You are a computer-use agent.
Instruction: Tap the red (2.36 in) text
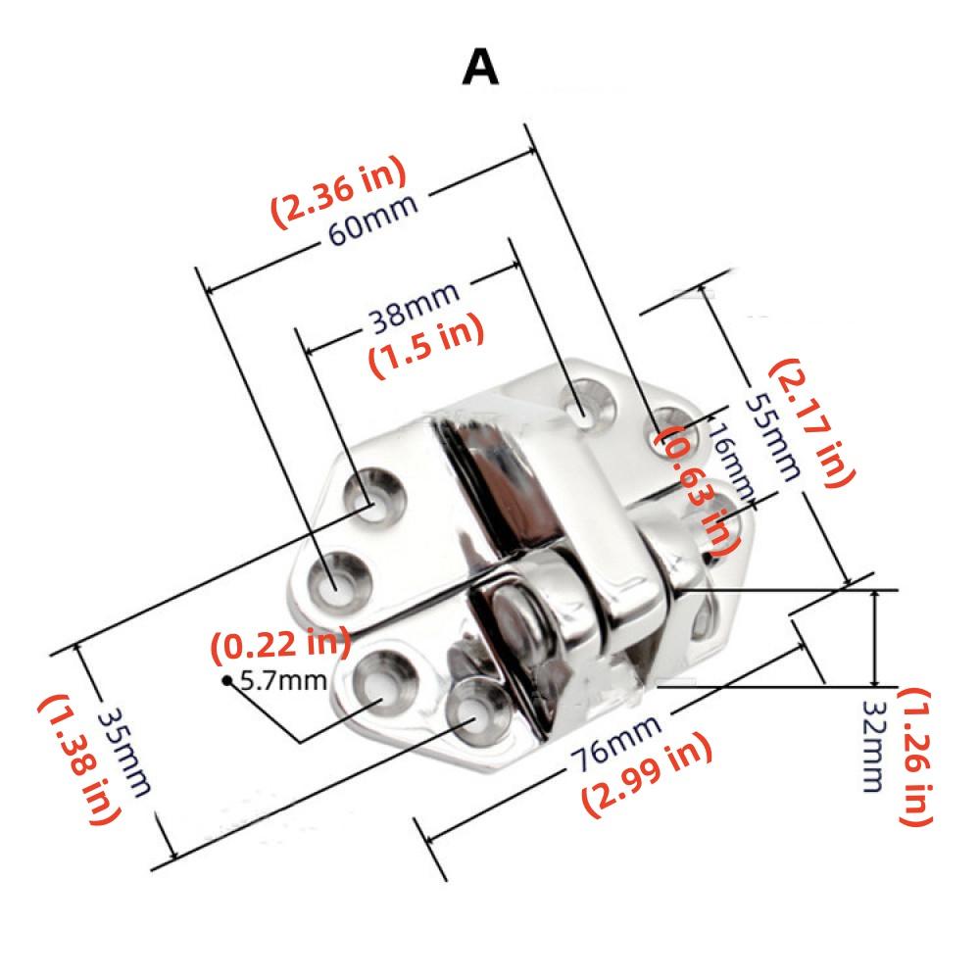click(338, 191)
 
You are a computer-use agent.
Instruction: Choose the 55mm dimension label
click(772, 436)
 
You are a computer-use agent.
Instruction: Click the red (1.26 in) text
click(914, 757)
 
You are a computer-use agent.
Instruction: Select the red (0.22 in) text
click(281, 644)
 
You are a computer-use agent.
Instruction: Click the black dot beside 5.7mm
click(225, 679)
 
